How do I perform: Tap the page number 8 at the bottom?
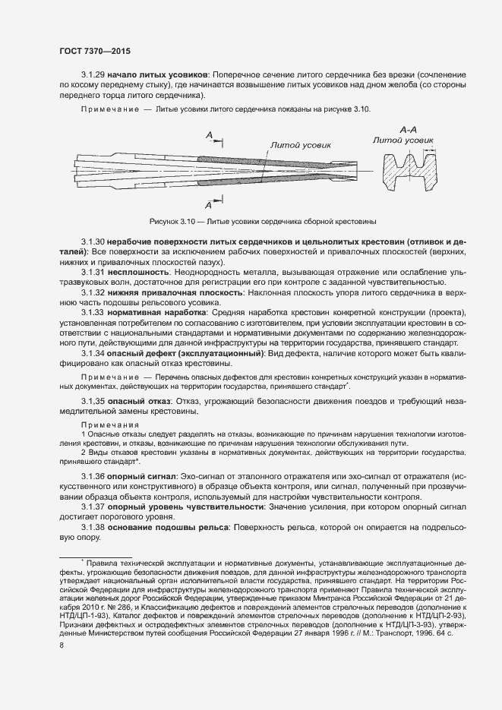coord(61,645)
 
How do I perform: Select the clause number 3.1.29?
coord(93,75)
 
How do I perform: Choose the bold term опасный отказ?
coord(140,400)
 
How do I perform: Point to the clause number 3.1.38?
coord(93,526)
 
